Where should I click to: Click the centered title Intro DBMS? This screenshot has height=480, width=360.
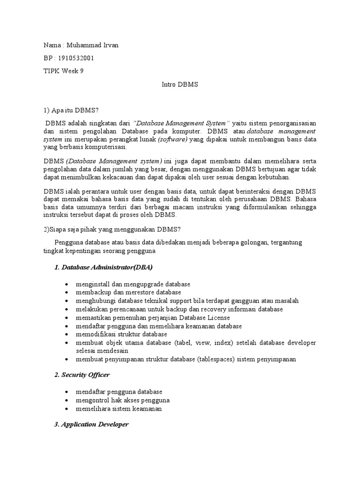tap(180, 85)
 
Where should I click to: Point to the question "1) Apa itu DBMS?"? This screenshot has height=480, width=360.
tap(71, 110)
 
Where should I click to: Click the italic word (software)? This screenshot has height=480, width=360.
tap(172, 140)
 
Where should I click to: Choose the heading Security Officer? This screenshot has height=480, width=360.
tap(87, 375)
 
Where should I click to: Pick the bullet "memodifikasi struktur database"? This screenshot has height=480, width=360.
tap(121, 334)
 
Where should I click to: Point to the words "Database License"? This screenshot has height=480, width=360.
tap(208, 317)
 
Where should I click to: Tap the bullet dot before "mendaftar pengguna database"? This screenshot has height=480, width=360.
tap(69, 392)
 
